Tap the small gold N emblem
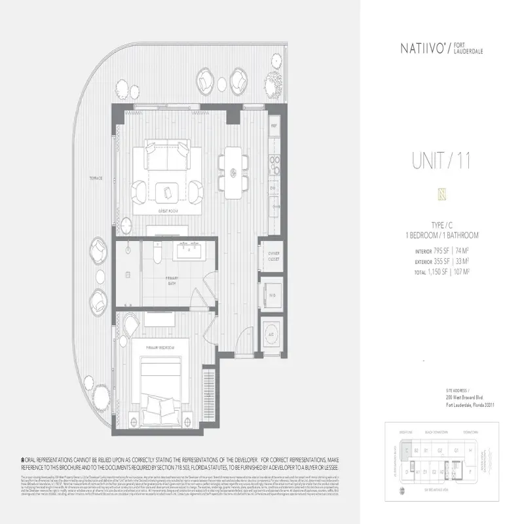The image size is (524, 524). pyautogui.click(x=443, y=194)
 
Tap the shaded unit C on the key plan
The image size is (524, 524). pyautogui.click(x=407, y=451)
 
